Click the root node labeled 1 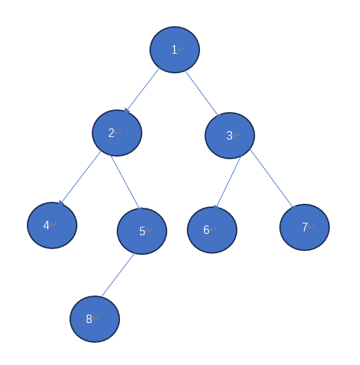(x=174, y=50)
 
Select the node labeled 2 (x=117, y=133)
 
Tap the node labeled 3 (x=230, y=136)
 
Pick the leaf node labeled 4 (x=52, y=225)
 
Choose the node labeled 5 (x=142, y=231)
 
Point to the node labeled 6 (x=212, y=230)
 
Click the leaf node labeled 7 (x=304, y=227)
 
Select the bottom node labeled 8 (x=94, y=319)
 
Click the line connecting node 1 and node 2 (x=142, y=90)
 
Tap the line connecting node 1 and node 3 (x=201, y=93)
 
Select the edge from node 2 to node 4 (x=80, y=178)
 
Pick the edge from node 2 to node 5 (x=125, y=182)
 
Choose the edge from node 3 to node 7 (x=271, y=178)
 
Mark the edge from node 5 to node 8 (x=117, y=275)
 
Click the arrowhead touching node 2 (x=127, y=110)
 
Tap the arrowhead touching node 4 (x=61, y=203)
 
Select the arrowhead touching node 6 (x=216, y=207)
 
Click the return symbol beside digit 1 (x=180, y=49)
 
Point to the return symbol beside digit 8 (x=95, y=318)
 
